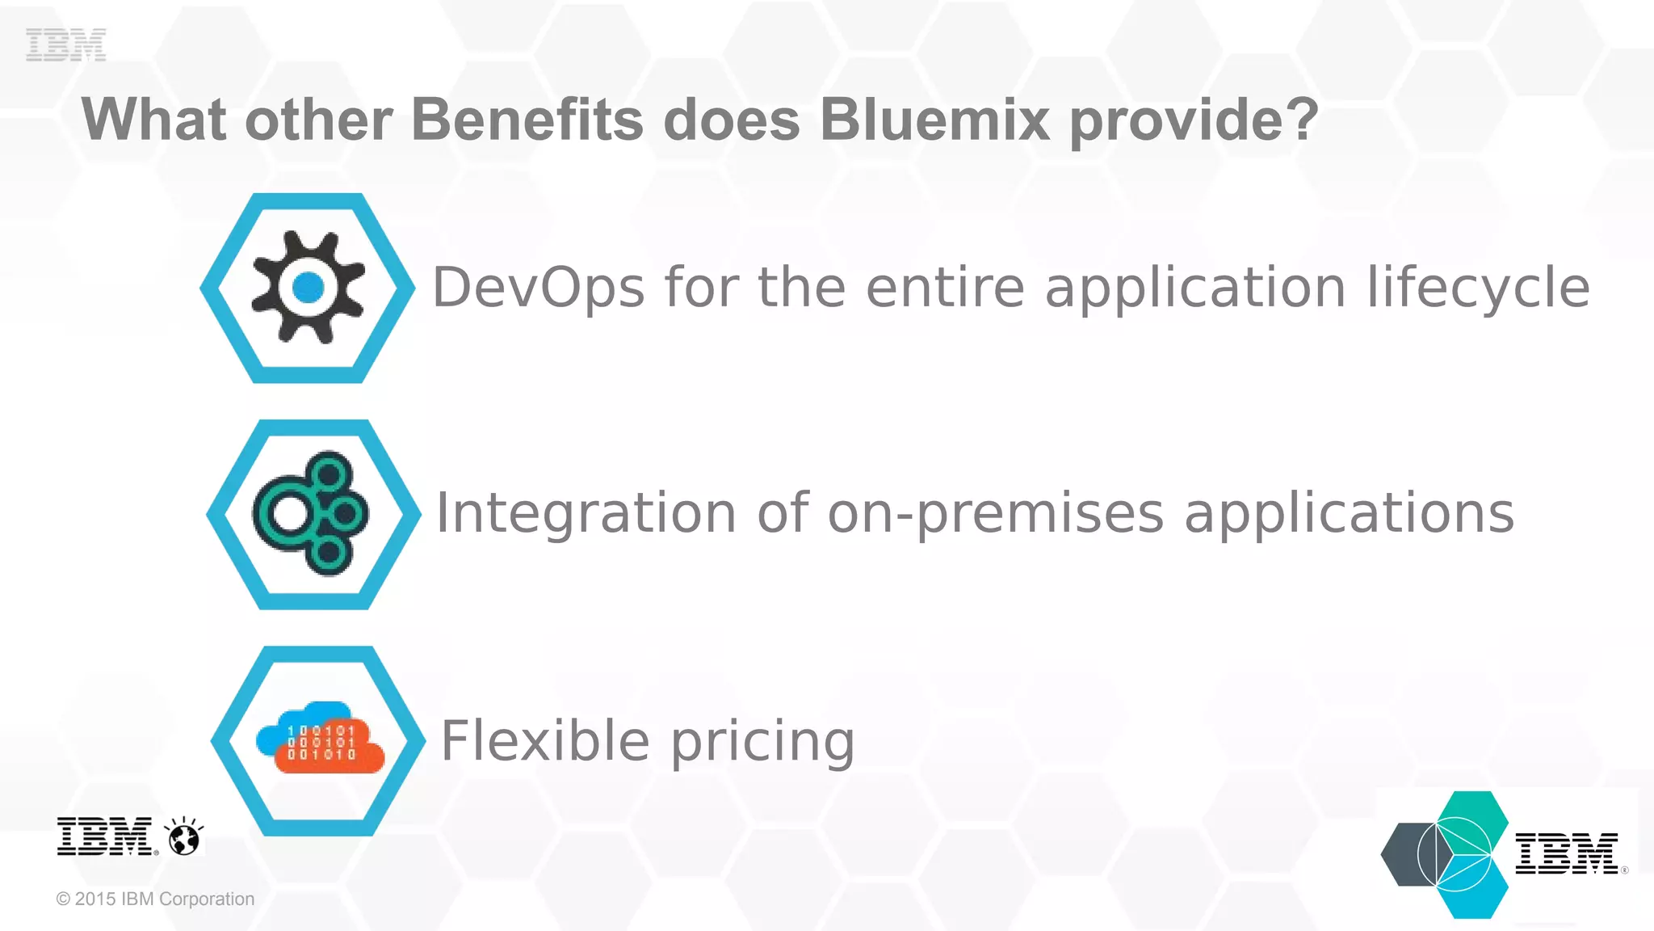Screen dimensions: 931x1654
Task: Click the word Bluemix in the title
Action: coord(934,120)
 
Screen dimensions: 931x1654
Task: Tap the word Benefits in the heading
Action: coord(527,120)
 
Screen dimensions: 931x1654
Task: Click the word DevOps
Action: coord(539,288)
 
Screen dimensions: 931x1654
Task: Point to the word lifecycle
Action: coord(1478,288)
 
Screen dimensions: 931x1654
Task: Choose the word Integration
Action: coord(586,513)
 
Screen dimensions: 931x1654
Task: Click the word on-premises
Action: coord(996,513)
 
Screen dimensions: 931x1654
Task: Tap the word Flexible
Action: coord(545,740)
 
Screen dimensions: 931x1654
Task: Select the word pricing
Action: coord(762,742)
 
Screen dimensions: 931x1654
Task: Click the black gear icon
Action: coord(308,287)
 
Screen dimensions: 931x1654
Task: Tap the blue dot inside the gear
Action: coord(308,287)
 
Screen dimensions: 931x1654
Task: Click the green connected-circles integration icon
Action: coord(312,513)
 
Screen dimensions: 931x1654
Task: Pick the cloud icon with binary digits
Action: coord(321,738)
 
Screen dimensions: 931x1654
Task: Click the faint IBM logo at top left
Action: coord(65,44)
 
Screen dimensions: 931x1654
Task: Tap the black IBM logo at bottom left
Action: coord(105,836)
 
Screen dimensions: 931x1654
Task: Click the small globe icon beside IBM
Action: coord(184,836)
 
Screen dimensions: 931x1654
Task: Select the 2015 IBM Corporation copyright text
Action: coord(155,899)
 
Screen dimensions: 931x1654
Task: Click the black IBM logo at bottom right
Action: coord(1566,853)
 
